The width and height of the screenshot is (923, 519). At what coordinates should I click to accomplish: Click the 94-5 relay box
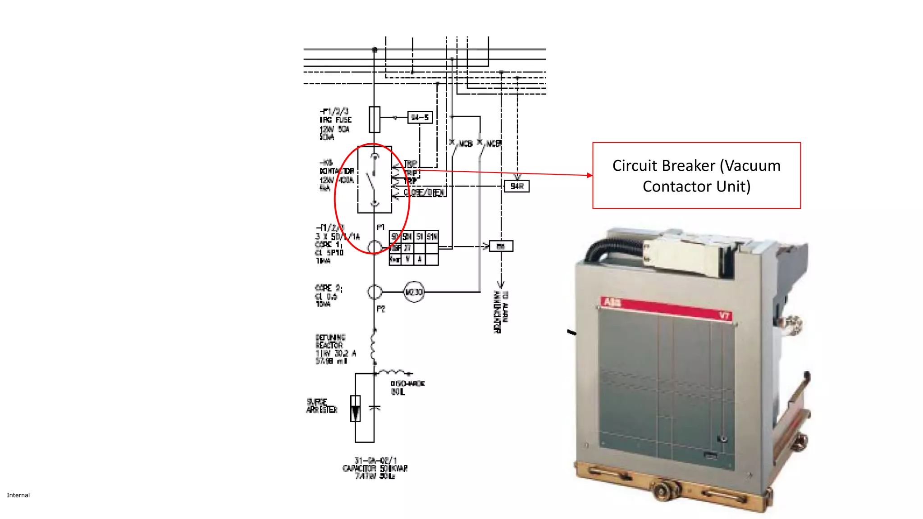point(420,118)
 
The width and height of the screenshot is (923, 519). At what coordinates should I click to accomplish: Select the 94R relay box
point(517,186)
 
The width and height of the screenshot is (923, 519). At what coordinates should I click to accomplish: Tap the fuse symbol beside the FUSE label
point(374,119)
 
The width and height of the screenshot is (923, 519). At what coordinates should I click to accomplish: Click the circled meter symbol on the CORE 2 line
point(414,292)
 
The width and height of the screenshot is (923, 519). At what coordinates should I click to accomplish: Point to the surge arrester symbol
point(356,408)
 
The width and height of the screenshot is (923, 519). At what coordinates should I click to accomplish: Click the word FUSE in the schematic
point(343,120)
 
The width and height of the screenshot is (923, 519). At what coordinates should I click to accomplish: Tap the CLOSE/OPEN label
point(424,193)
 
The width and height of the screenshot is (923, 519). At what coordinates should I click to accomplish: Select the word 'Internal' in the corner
point(18,495)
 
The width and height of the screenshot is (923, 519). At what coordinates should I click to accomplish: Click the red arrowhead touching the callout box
point(589,175)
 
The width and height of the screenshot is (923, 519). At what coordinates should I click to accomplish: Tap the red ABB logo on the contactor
point(612,302)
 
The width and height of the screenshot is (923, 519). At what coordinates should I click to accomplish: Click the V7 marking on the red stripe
point(724,315)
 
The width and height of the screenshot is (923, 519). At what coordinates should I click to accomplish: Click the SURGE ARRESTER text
point(322,405)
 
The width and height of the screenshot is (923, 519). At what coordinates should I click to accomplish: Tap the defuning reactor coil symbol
point(374,346)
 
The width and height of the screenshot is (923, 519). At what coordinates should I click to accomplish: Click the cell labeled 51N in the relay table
point(432,237)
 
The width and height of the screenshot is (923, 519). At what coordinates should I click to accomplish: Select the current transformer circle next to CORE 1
point(375,247)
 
